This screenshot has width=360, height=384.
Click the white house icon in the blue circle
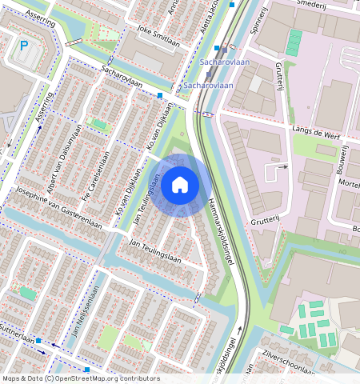pos(180,185)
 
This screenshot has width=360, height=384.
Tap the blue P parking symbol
pos(23,47)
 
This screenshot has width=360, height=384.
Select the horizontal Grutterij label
pos(265,217)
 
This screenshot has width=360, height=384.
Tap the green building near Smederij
pos(294,42)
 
